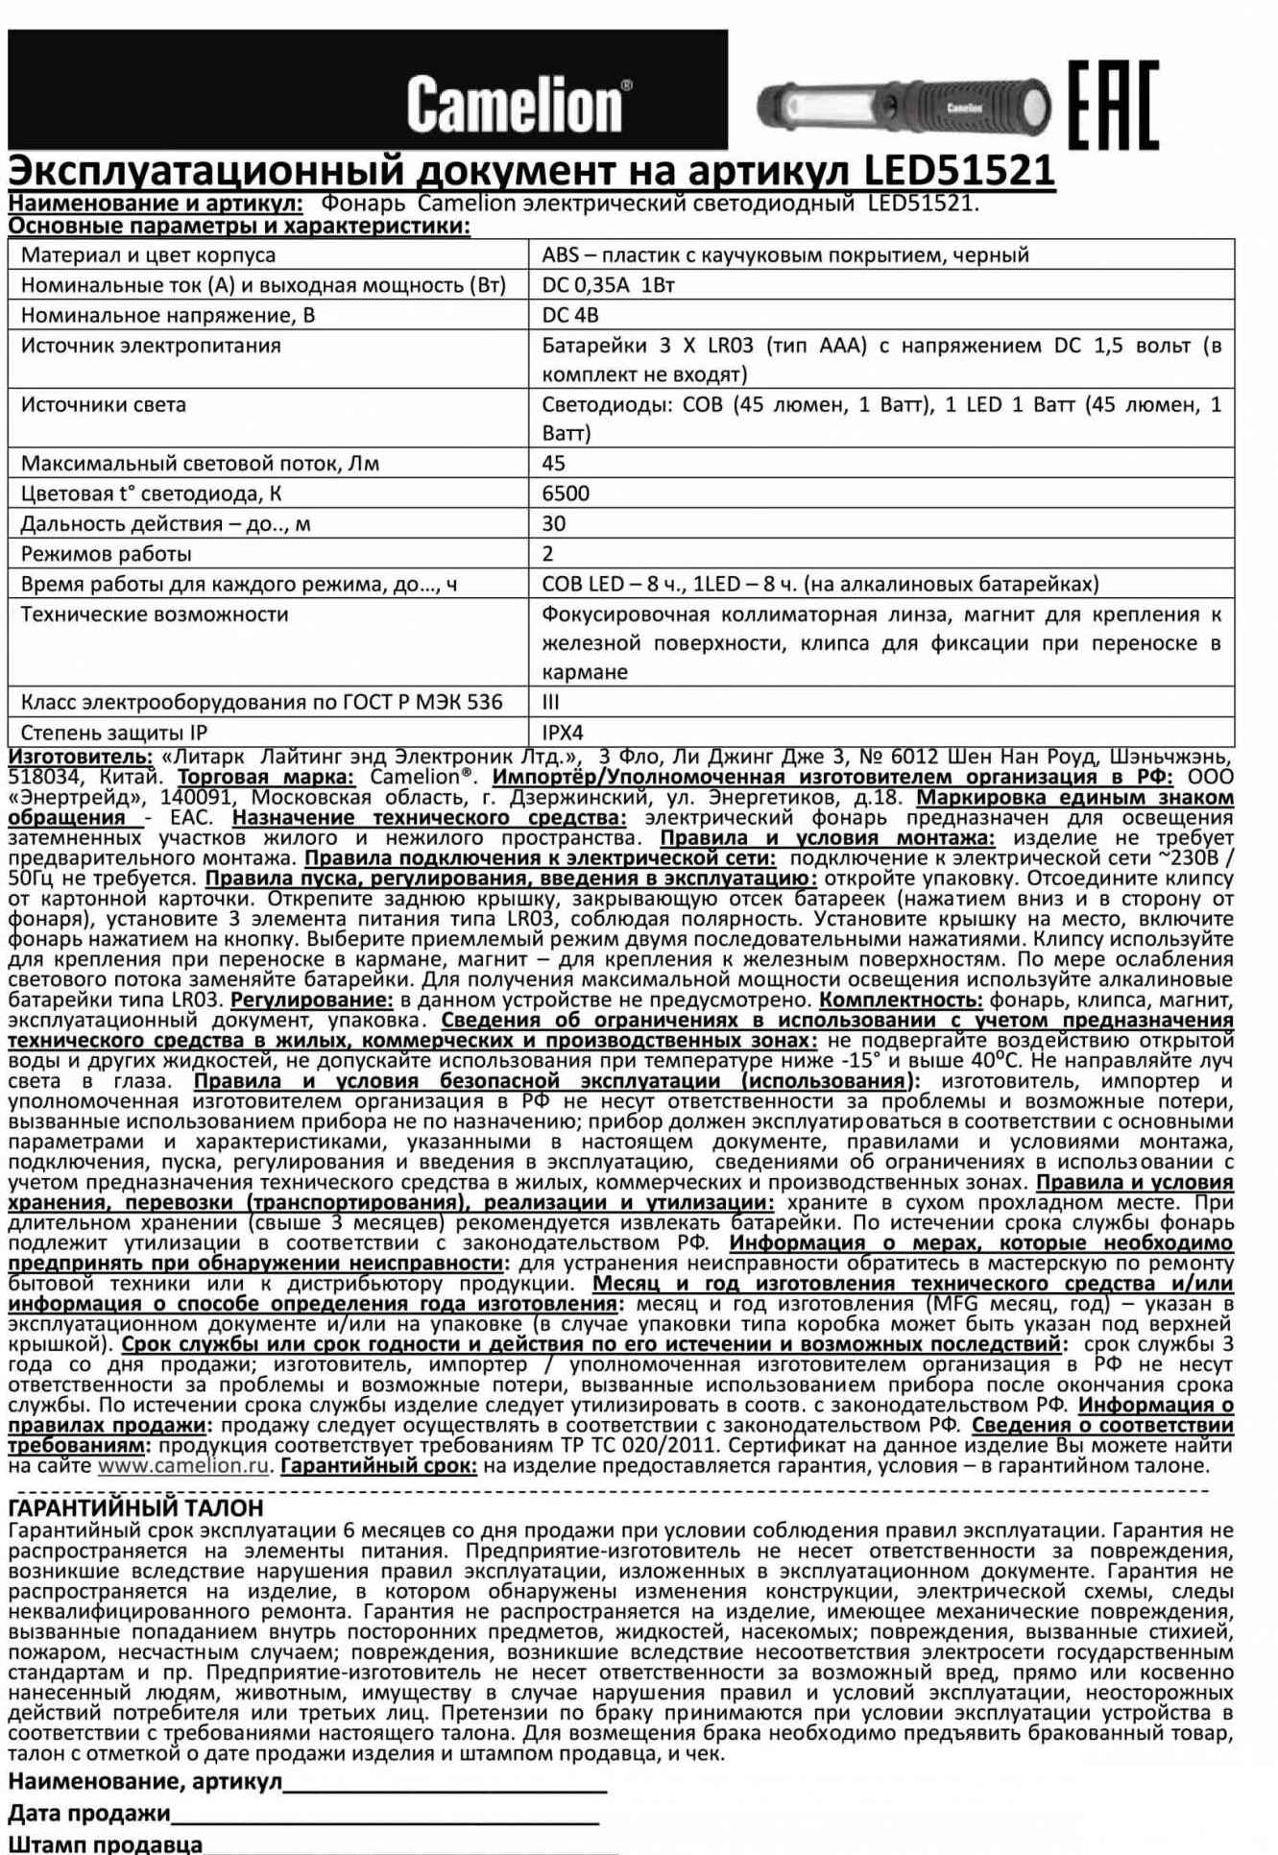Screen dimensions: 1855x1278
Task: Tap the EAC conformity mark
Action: tap(1113, 105)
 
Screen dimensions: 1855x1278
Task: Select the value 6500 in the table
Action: tap(566, 494)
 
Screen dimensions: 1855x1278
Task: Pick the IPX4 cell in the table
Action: tap(563, 733)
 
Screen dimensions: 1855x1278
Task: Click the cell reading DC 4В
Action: tap(570, 315)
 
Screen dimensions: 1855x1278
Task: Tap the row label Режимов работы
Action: tap(107, 554)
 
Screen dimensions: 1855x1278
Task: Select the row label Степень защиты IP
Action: tap(114, 733)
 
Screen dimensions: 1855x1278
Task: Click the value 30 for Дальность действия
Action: tap(554, 523)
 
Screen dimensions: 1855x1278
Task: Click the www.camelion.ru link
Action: tap(182, 1466)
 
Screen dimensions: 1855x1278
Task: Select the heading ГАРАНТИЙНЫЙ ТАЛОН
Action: tap(135, 1508)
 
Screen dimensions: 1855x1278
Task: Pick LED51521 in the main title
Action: tap(959, 171)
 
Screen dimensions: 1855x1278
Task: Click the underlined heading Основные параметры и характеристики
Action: tap(239, 227)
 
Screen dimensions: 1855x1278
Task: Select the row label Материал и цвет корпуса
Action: tap(148, 255)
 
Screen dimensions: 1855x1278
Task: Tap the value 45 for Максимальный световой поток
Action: tap(554, 464)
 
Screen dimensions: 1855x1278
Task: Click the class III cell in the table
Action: tap(551, 702)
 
